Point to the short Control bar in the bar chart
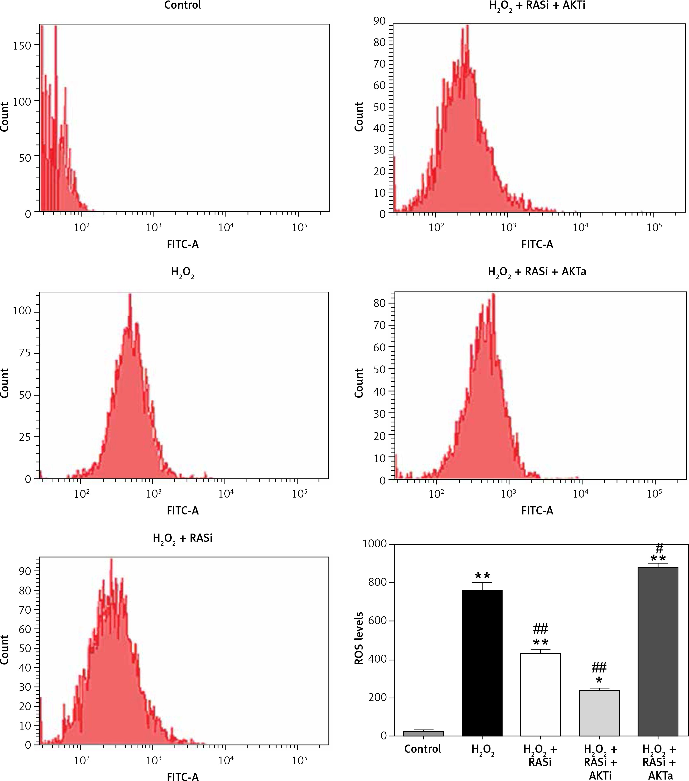(423, 733)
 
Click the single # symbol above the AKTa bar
(659, 549)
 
